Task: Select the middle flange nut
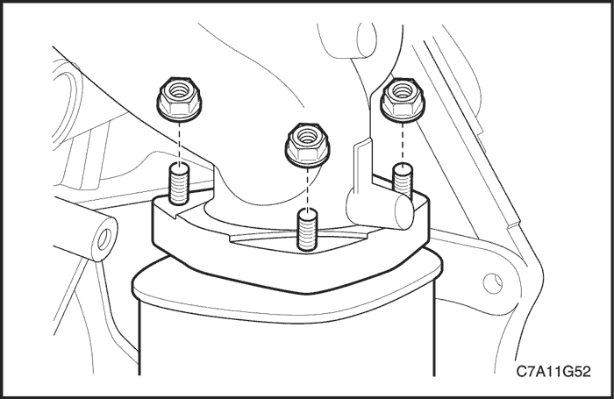point(307,143)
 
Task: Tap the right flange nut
point(403,98)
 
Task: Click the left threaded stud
point(179,184)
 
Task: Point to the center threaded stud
point(307,230)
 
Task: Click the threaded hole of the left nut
point(179,91)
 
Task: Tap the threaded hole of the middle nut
point(307,136)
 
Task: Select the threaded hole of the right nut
point(403,91)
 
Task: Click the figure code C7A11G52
point(553,371)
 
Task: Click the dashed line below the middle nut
point(307,187)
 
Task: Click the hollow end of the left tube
point(105,239)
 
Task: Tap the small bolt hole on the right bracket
point(493,282)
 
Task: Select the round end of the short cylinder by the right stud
point(404,211)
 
